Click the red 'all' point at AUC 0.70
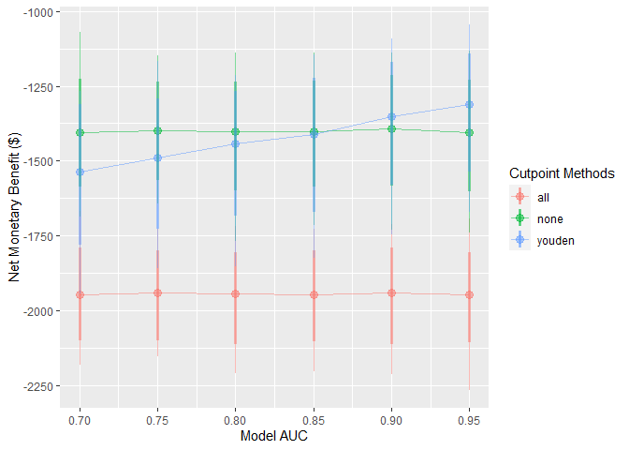click(x=80, y=294)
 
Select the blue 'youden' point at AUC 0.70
click(x=80, y=172)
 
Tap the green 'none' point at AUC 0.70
click(x=80, y=132)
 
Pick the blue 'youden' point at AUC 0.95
click(x=469, y=104)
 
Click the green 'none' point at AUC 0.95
click(x=469, y=133)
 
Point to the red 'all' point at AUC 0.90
click(x=391, y=292)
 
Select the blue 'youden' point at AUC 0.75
click(x=157, y=157)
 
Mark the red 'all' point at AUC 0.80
click(x=235, y=293)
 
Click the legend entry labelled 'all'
click(x=543, y=197)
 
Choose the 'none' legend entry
click(x=548, y=218)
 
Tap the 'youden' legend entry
click(x=554, y=240)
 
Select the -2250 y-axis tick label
click(x=41, y=385)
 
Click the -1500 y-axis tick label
click(x=41, y=161)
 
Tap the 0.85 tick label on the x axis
click(x=314, y=420)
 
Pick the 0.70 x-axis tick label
click(x=80, y=420)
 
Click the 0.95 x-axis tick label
click(x=469, y=420)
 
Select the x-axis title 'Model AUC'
click(x=274, y=437)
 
